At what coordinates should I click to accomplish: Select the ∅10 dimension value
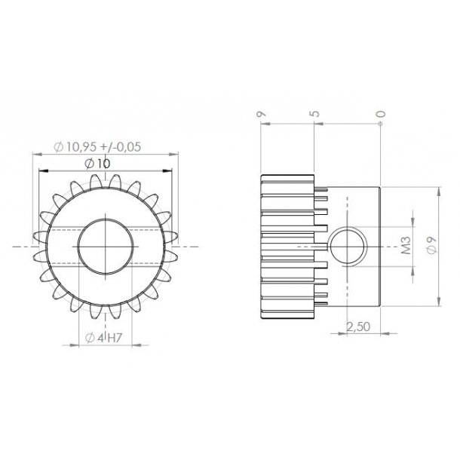[99, 163]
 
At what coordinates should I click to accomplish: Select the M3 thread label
[405, 246]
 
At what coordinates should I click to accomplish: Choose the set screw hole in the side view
[348, 246]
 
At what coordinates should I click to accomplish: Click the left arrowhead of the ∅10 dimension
[43, 172]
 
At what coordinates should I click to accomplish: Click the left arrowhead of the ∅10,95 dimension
[36, 155]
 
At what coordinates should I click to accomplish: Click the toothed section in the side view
[288, 246]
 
